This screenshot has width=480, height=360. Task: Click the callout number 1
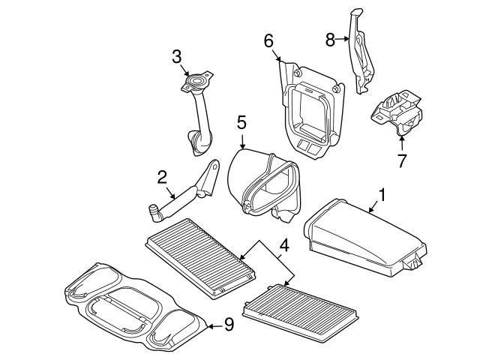coord(382,195)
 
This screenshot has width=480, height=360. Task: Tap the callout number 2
coord(161,178)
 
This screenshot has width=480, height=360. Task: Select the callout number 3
coord(176,55)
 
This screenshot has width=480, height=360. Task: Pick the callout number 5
coord(241,121)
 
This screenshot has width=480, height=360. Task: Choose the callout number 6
coord(268,40)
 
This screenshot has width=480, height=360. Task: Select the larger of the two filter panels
coord(201,255)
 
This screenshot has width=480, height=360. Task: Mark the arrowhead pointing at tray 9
coord(209,325)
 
